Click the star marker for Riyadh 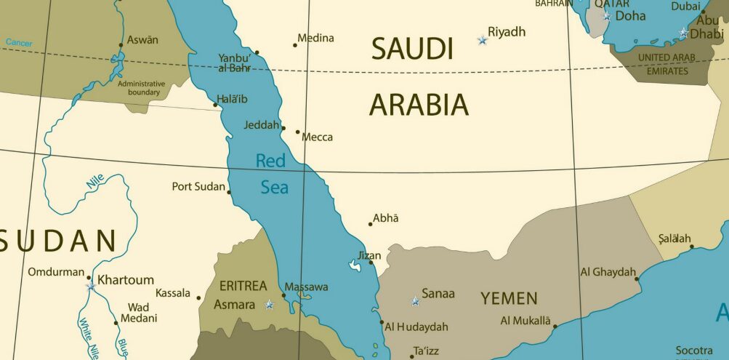pos(482,40)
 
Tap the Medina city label pos(316,38)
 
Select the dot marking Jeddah pos(283,128)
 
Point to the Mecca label pos(318,137)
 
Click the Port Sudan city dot pos(230,192)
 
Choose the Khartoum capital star pos(91,286)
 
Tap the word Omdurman pos(56,272)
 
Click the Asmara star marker pos(270,305)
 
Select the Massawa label pos(306,287)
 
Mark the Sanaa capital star pos(416,301)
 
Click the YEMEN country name pos(509,298)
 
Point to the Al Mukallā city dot pos(555,327)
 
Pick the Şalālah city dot pos(692,247)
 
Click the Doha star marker pos(607,16)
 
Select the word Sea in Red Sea pos(275,188)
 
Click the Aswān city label pos(142,40)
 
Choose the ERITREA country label pos(243,286)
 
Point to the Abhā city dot pos(370,224)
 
